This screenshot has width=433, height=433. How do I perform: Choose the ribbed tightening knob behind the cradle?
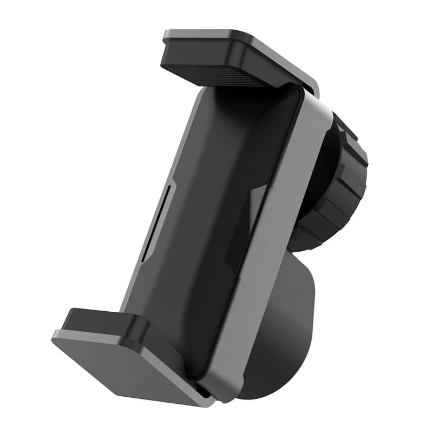coord(341,184)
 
